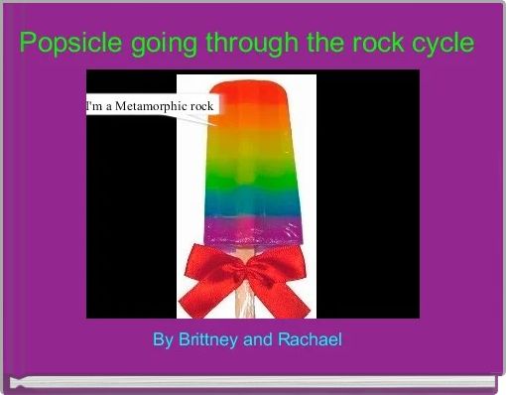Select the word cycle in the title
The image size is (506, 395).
[x=443, y=45]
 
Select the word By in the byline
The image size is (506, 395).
[x=163, y=340]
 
